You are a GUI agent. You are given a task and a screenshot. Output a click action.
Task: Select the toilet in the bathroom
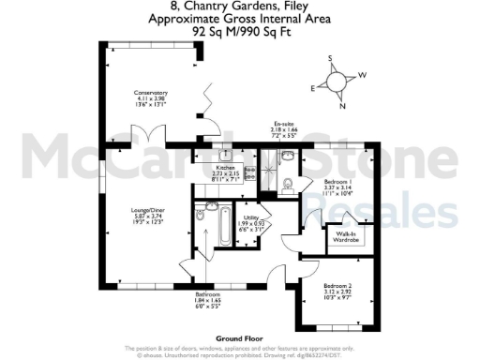click(x=201, y=217)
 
